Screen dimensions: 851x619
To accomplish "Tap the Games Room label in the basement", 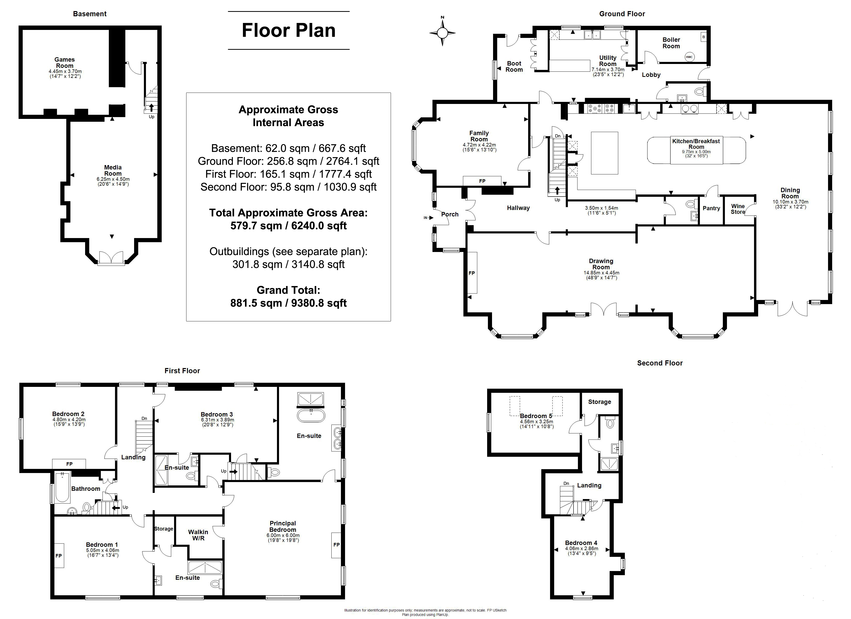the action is [64, 63].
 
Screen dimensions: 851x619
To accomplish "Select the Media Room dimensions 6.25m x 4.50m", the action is [113, 180].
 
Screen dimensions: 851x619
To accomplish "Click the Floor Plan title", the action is [289, 30].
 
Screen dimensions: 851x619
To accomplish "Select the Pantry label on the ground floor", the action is [711, 208].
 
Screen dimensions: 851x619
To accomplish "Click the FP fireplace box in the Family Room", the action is [482, 181].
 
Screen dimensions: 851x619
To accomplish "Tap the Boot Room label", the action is [514, 67].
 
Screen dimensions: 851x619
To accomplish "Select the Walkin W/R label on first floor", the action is [198, 535].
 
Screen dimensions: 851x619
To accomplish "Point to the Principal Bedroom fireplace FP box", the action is [336, 545].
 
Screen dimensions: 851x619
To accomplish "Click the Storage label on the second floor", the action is [600, 402].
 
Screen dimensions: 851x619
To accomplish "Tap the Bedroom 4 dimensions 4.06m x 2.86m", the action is [582, 548].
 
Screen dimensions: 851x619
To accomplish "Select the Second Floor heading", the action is [660, 363].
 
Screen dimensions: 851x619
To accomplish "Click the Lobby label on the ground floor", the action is [651, 75].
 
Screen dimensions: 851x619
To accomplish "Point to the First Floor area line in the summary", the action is [289, 174].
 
